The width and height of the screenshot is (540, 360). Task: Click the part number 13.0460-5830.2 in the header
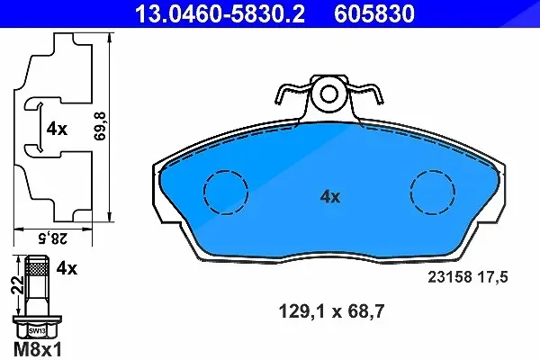220,13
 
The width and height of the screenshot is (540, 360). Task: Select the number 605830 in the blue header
374,13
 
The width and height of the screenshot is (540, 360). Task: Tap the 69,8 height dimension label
101,126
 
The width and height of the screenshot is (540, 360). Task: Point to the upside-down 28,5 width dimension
53,238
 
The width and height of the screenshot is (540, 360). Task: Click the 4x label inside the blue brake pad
330,197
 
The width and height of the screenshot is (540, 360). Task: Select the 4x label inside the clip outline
58,130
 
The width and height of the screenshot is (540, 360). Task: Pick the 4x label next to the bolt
67,268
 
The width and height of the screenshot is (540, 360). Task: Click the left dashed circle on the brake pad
226,193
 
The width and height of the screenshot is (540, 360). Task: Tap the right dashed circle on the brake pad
433,193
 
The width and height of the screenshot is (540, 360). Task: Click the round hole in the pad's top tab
329,94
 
